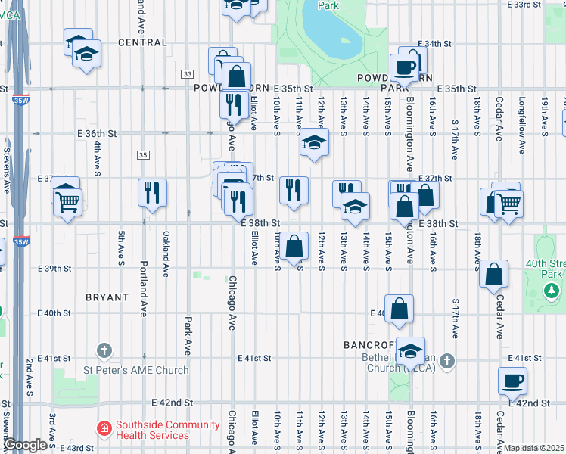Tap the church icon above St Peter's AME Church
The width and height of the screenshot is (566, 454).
point(104,351)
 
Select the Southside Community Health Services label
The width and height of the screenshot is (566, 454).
point(152,431)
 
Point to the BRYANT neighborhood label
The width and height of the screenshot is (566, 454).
point(107,297)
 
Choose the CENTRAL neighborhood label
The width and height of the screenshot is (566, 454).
point(141,42)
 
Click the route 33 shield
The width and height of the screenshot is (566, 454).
point(187,73)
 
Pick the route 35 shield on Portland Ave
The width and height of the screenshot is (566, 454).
point(143,154)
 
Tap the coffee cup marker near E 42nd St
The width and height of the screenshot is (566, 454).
point(512,381)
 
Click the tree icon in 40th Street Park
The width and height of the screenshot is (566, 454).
point(553,290)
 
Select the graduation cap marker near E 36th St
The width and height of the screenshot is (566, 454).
point(313,141)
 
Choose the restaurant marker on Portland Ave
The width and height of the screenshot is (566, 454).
point(152,192)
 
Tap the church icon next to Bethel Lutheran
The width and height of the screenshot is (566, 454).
point(449,361)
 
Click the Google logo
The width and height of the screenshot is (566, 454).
point(26,446)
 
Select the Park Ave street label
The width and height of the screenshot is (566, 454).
point(188,335)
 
